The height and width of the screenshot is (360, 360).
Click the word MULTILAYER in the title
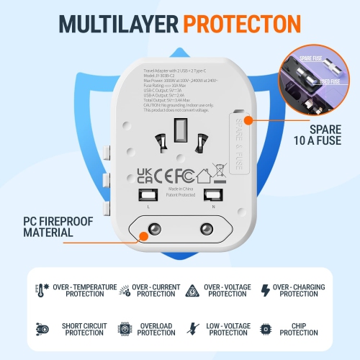tap(110, 22)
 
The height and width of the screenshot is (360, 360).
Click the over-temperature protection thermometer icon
tap(39, 290)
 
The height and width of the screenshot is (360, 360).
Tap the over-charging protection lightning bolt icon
tap(266, 290)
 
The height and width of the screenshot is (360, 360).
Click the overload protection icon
tap(125, 329)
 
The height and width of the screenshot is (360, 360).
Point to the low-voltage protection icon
tap(192, 329)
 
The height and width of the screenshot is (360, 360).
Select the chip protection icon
tap(265, 329)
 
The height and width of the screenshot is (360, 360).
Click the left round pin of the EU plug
tap(153, 232)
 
